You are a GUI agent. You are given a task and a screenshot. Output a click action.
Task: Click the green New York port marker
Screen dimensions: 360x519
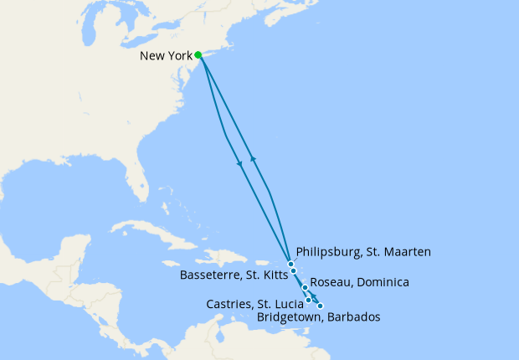(198, 55)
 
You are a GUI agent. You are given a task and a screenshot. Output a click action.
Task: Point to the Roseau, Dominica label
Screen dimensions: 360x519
(359, 283)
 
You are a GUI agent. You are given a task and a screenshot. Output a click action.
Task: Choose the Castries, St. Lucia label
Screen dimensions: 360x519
(254, 304)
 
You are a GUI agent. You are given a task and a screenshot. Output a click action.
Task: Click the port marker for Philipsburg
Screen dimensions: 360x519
(290, 265)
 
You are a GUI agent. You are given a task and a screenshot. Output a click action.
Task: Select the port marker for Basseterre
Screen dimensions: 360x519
(294, 271)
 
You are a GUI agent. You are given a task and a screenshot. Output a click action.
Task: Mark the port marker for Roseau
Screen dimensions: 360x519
(305, 288)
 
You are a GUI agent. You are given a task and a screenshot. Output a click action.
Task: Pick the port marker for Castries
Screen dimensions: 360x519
(309, 300)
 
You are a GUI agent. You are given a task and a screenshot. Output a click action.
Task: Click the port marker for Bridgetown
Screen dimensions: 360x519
(320, 306)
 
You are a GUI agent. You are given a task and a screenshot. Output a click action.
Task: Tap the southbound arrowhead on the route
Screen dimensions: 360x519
(241, 162)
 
